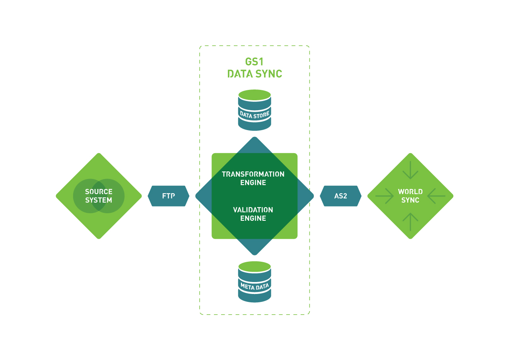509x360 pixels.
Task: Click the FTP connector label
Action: tap(168, 196)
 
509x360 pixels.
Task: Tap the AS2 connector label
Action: tap(340, 196)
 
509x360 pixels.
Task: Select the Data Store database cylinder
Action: tap(254, 110)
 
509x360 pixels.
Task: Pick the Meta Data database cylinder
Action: tap(254, 282)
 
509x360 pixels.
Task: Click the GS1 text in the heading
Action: tap(254, 62)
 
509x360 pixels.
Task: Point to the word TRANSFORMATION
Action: tap(253, 174)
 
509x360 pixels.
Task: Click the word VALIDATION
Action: tap(253, 210)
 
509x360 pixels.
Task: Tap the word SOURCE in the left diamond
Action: tap(99, 192)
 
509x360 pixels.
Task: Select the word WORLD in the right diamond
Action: tap(410, 192)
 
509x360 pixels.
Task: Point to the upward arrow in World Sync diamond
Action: tap(410, 222)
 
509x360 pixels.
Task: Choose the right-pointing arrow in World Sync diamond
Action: tap(385, 196)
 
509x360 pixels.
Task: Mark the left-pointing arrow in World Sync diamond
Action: tap(436, 196)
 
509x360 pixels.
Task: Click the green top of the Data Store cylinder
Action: tap(254, 95)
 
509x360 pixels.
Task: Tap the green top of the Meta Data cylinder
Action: tap(254, 267)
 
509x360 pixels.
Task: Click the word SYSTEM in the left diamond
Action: tap(99, 200)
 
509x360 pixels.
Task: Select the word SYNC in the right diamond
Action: tap(410, 200)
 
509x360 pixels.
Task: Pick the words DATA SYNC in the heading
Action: tap(254, 74)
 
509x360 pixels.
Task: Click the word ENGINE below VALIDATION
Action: tap(253, 218)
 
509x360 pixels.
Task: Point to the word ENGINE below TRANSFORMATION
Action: tap(253, 183)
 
